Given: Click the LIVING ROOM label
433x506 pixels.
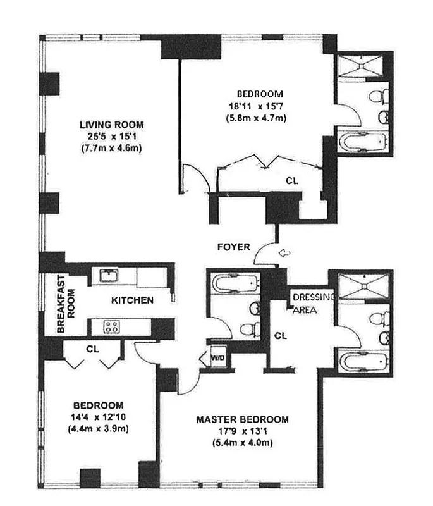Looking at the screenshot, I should point(111,124).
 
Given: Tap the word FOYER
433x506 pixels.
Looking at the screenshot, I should point(234,247).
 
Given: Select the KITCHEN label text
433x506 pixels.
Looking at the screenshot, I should point(132,300).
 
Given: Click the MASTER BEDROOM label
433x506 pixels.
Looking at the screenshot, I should point(242,419).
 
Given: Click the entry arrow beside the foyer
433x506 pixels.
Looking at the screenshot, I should point(285,254).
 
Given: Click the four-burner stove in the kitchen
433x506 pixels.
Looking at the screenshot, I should point(112,327).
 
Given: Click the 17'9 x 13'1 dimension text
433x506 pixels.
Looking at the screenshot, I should point(242,431).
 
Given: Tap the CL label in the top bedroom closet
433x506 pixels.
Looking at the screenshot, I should point(291,180).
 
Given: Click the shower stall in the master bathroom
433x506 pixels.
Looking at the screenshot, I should point(364,285).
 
